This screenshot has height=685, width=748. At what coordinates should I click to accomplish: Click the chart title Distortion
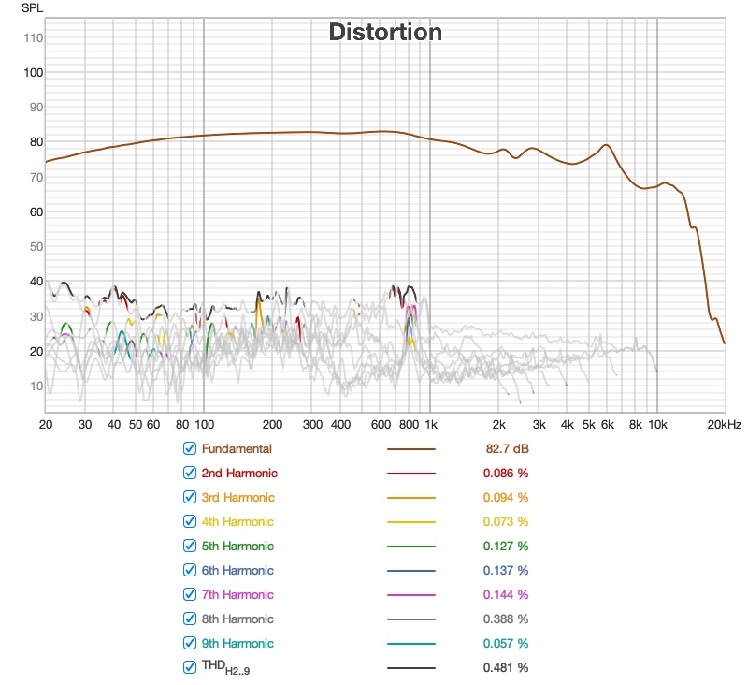384,32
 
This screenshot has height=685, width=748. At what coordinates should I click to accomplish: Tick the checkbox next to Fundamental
190,448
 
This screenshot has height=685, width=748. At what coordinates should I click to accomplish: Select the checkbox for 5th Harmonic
190,546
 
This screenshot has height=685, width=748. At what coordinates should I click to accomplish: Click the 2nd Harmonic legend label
238,473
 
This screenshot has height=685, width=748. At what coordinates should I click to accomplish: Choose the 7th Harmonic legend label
237,594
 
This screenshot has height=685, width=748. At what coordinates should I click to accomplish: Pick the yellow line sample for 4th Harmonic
411,521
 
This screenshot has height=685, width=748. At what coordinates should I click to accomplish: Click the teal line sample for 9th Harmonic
411,643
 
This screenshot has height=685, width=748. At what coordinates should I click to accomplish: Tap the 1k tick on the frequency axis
430,424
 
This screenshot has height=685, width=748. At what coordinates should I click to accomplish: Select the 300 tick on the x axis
312,424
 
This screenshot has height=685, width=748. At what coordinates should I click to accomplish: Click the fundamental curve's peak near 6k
607,145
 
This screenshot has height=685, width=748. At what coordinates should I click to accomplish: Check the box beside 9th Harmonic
190,643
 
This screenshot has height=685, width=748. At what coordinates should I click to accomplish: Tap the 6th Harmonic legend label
237,570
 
